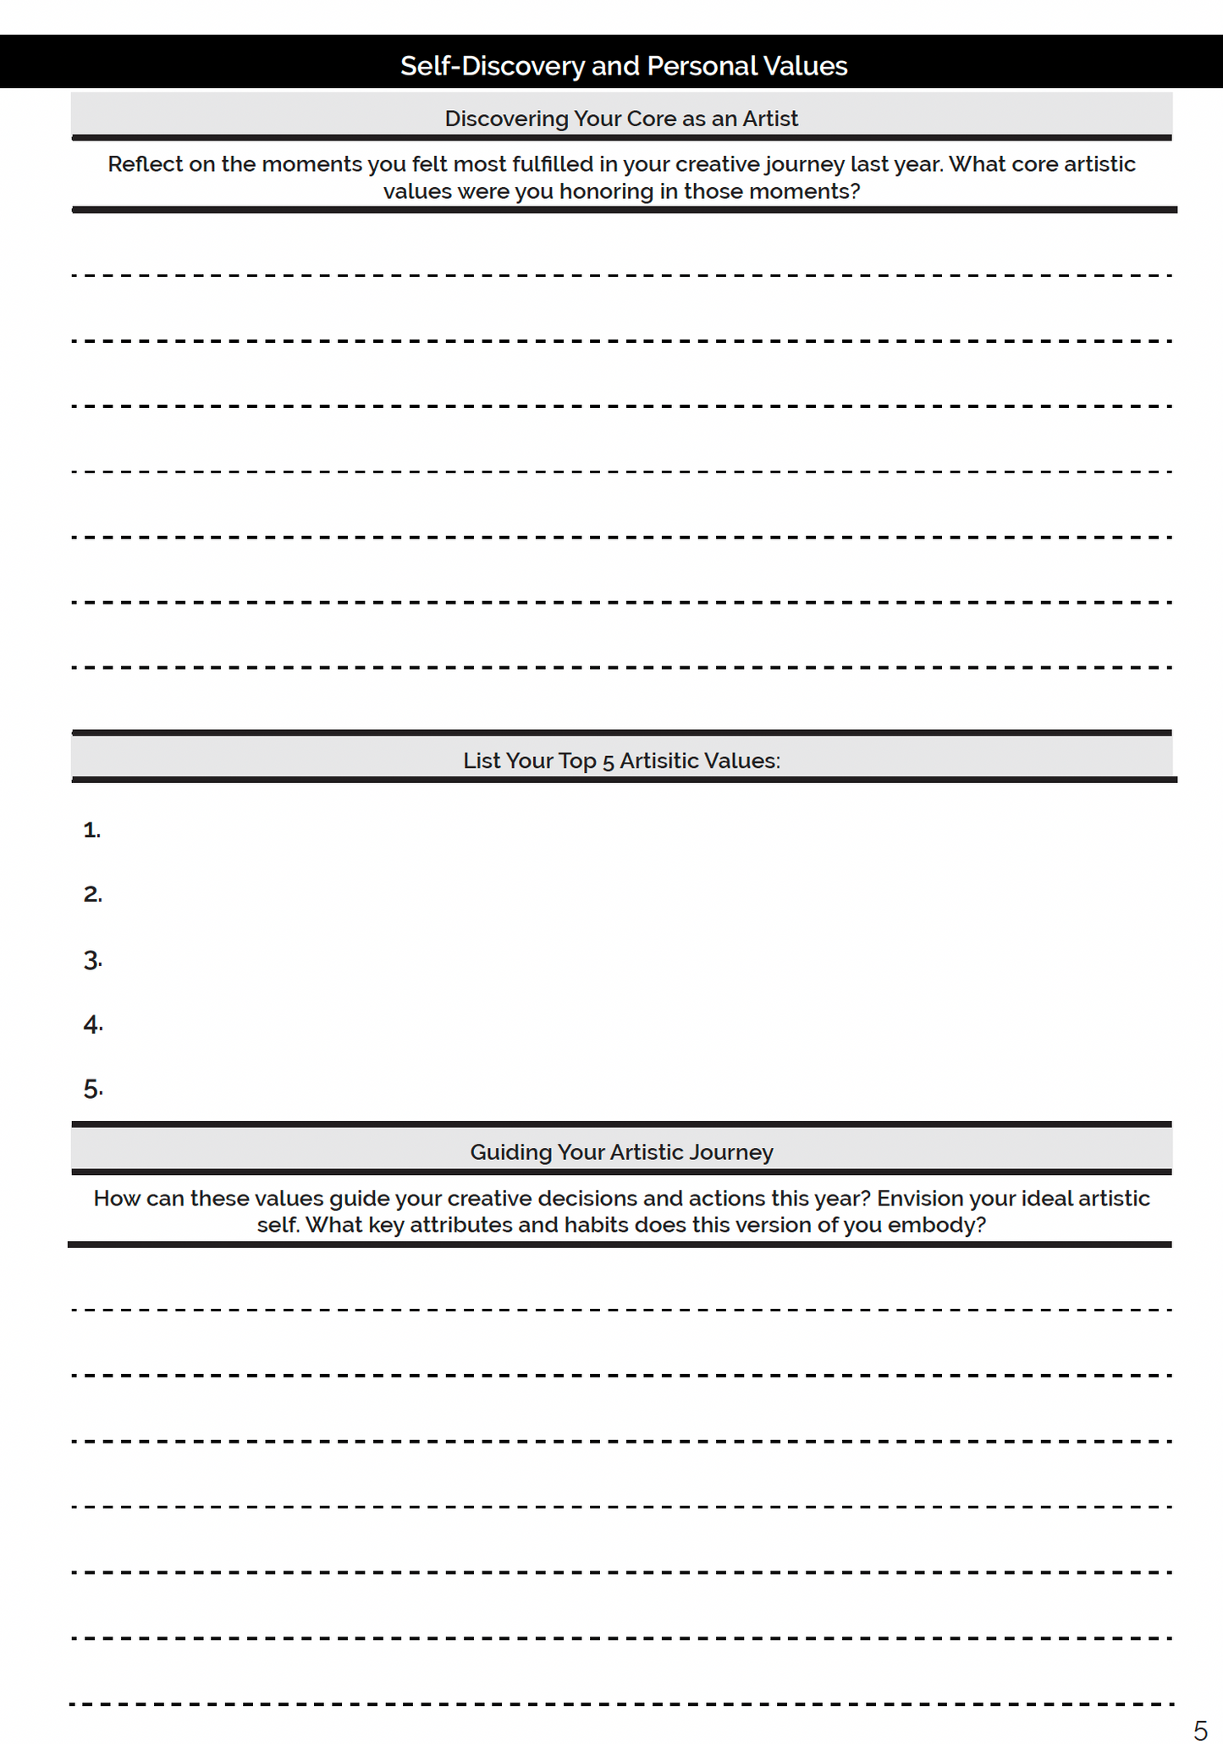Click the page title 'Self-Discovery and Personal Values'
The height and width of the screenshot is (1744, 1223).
(624, 66)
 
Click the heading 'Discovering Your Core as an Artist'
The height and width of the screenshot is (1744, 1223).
(621, 119)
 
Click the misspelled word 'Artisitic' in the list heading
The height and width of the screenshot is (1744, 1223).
(658, 761)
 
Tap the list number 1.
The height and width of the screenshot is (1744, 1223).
(91, 831)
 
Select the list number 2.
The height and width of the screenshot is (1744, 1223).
(92, 895)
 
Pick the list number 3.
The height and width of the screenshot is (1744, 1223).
(92, 961)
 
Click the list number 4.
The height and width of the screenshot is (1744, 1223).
(92, 1025)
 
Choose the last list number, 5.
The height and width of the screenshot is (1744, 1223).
(92, 1090)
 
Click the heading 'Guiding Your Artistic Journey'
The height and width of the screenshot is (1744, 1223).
(621, 1152)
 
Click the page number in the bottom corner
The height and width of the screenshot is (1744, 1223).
(1200, 1729)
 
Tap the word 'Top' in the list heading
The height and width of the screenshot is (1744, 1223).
(576, 761)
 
